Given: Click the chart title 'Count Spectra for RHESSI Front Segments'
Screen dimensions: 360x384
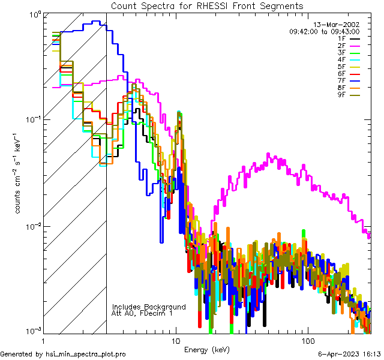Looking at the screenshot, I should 207,5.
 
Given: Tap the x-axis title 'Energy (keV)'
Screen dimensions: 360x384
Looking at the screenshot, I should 207,349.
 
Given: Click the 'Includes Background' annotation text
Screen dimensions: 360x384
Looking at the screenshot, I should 149,307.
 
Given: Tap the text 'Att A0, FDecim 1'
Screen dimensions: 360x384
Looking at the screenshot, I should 142,313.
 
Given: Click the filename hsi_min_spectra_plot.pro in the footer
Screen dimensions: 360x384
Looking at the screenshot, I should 86,354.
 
